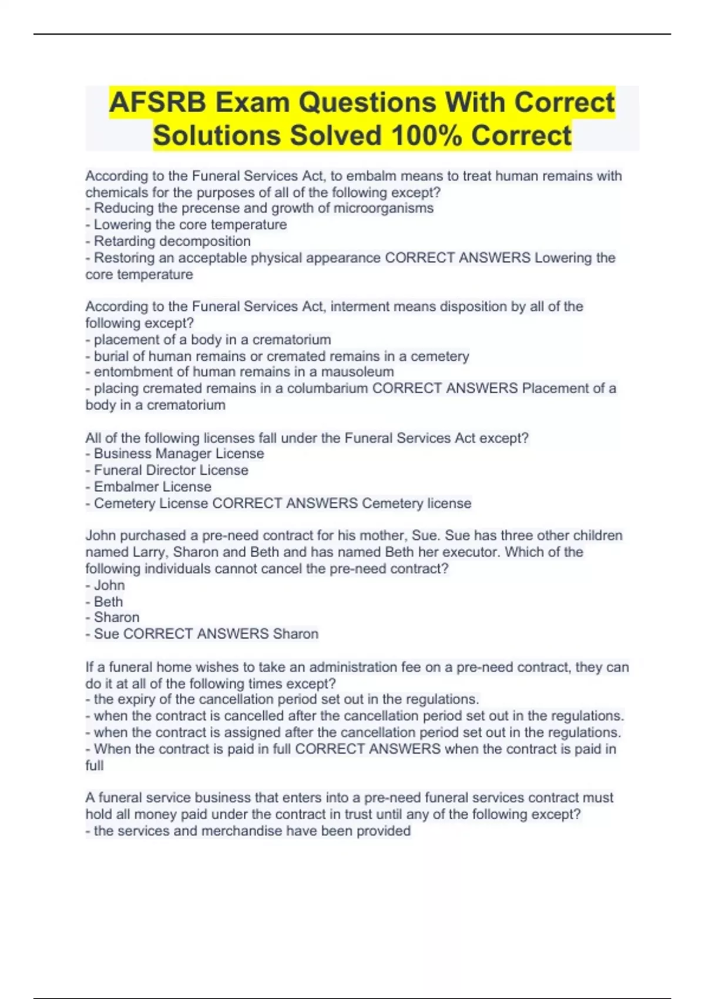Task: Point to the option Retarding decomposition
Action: [172, 241]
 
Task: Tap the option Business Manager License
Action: [179, 454]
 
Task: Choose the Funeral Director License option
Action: [171, 470]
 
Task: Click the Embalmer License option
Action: [153, 487]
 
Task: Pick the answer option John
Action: [109, 585]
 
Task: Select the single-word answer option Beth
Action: [109, 602]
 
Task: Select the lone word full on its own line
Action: [94, 766]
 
